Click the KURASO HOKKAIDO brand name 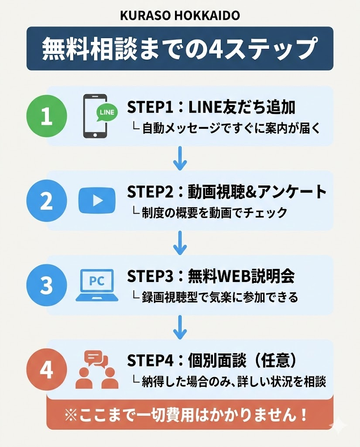point(180,16)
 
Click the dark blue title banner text point(179,49)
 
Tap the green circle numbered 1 point(47,117)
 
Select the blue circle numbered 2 point(47,201)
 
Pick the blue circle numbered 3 point(47,285)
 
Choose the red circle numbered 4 point(47,370)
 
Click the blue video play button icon point(97,200)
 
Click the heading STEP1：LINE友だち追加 point(211,107)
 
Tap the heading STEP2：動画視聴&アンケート point(226,192)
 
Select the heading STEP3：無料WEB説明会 point(211,276)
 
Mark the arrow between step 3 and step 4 point(180,328)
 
